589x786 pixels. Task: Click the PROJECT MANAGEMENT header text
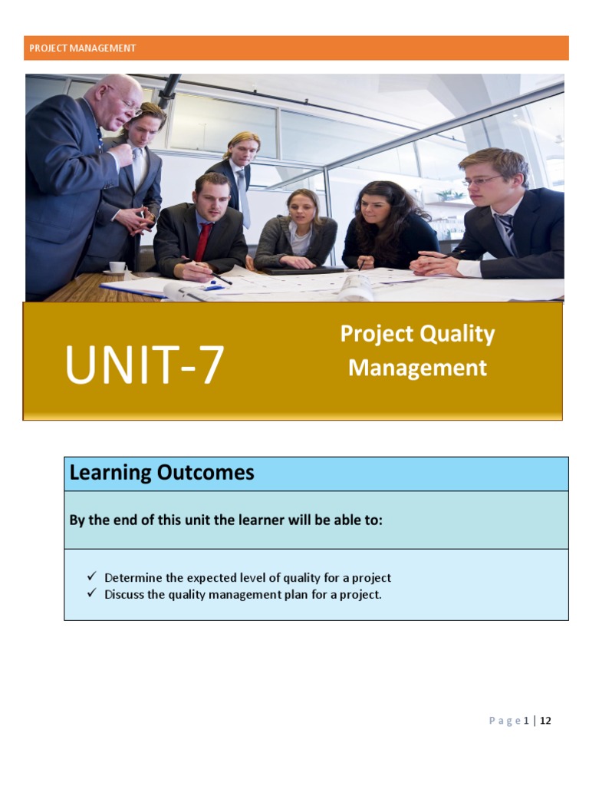[x=82, y=48]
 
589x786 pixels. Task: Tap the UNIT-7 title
[x=144, y=365]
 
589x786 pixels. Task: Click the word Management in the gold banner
[x=417, y=368]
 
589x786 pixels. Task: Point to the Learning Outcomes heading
[x=161, y=473]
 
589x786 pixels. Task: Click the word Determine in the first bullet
[x=131, y=577]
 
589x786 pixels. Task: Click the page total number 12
[x=545, y=720]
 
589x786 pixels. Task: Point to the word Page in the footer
[x=505, y=720]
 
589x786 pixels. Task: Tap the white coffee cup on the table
[x=117, y=266]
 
